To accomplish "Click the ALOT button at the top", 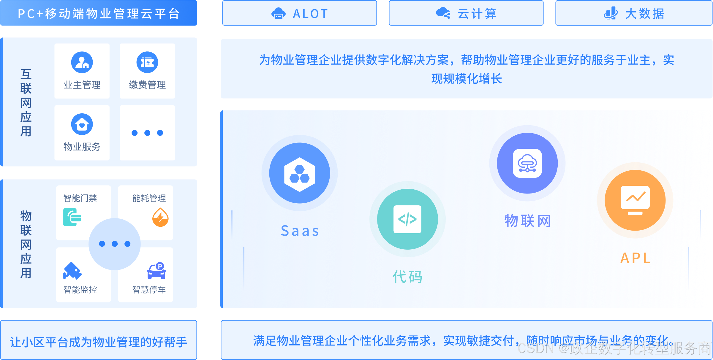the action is point(300,13).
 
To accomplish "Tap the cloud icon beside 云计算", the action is point(443,13).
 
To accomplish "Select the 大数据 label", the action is point(645,14).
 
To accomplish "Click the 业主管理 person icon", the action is point(82,62).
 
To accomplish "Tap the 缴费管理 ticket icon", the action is point(147,62).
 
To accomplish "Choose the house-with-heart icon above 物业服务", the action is point(82,124).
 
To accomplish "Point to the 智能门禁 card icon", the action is point(72,217).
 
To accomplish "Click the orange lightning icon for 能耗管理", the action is point(160,218).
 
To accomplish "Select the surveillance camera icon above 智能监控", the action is point(72,271).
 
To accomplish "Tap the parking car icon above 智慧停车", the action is point(156,271).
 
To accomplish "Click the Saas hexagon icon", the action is point(300,174).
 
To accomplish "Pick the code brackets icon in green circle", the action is point(407,219).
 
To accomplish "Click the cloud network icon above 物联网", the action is point(527,164).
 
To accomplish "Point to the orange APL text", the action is point(635,258).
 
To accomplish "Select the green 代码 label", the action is point(407,277).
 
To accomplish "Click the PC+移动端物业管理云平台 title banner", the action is point(99,13).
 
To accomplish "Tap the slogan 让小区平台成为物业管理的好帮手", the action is point(99,342).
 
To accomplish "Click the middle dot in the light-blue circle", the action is point(115,244).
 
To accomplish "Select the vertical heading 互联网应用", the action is point(26,102).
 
